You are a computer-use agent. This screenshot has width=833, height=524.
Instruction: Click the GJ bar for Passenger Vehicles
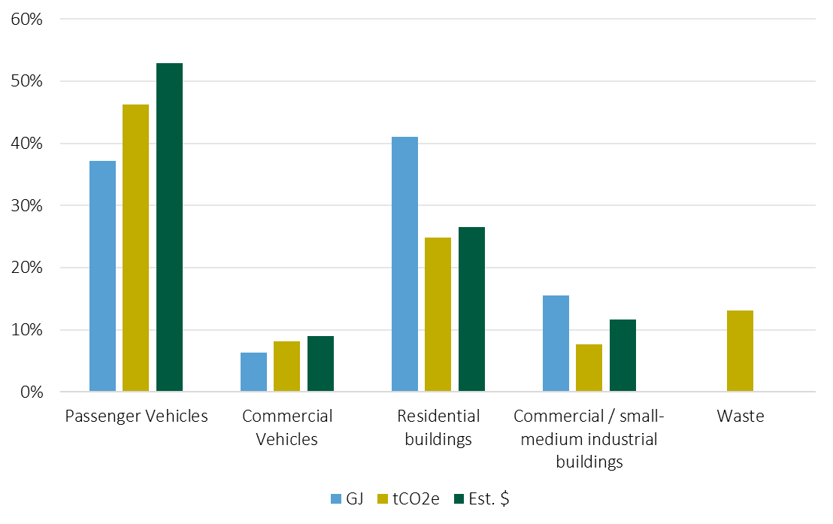102,276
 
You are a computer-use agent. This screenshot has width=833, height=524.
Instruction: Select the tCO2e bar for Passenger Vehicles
136,248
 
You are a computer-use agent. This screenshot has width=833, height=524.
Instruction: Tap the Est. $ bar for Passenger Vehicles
169,227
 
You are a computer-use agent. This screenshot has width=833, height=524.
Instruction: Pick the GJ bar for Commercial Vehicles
253,372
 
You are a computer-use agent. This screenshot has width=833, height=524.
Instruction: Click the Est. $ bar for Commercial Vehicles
320,364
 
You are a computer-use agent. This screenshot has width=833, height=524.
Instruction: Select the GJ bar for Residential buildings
404,264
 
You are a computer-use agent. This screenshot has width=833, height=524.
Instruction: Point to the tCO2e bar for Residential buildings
438,314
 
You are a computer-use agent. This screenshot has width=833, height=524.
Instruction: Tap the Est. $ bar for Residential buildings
471,309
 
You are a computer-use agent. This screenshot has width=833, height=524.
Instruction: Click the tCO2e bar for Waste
740,351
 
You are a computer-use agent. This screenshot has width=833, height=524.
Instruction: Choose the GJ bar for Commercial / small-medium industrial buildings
556,344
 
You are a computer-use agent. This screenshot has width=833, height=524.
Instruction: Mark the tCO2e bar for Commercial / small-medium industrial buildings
589,368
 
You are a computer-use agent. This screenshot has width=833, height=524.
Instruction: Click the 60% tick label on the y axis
26,19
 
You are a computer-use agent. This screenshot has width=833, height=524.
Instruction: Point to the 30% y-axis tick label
26,205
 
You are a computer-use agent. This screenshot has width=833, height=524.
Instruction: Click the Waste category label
740,416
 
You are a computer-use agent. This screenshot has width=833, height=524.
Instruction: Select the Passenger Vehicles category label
136,416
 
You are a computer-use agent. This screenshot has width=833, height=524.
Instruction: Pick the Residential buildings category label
438,427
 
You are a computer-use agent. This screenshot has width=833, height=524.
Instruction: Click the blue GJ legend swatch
335,499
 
